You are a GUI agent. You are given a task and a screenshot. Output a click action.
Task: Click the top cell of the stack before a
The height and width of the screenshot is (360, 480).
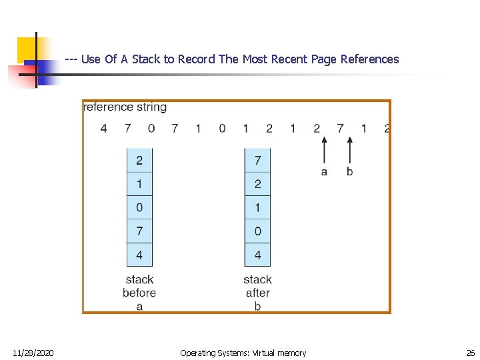click(x=139, y=160)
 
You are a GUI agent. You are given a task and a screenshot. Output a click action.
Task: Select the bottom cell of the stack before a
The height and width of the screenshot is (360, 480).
click(x=139, y=254)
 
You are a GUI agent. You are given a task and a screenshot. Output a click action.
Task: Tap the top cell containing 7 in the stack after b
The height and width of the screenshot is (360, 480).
click(x=257, y=160)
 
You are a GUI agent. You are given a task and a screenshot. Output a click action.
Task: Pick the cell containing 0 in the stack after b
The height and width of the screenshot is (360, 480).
click(x=257, y=231)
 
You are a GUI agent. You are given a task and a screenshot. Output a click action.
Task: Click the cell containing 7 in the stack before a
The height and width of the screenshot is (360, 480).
click(x=139, y=231)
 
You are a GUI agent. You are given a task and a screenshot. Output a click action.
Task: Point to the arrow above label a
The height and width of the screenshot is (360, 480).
click(x=324, y=149)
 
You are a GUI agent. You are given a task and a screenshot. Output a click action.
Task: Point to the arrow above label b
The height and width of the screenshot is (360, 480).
click(x=349, y=149)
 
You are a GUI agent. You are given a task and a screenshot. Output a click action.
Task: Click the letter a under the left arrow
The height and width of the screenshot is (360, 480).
click(x=324, y=171)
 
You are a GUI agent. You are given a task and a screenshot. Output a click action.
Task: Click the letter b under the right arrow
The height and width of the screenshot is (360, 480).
click(x=349, y=171)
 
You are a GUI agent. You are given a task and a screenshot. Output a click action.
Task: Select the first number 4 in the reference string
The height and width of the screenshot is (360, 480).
click(x=103, y=128)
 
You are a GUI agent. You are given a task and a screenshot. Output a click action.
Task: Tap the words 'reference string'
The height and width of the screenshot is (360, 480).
click(x=125, y=107)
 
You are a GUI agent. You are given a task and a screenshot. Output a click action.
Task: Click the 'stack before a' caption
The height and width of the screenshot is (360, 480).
click(x=139, y=293)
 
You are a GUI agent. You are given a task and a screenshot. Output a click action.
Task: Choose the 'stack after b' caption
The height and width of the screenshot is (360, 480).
click(x=257, y=293)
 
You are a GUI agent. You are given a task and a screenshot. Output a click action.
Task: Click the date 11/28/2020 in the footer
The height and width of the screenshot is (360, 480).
click(x=33, y=353)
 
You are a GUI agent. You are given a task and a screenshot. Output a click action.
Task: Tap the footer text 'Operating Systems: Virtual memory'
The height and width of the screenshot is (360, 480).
click(x=243, y=353)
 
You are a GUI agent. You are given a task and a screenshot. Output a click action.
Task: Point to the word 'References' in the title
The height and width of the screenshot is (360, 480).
click(x=369, y=59)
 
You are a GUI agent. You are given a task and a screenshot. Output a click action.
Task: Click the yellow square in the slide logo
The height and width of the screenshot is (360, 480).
click(x=28, y=49)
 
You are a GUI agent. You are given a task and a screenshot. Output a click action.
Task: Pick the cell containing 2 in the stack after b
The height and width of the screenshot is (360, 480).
click(x=257, y=183)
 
